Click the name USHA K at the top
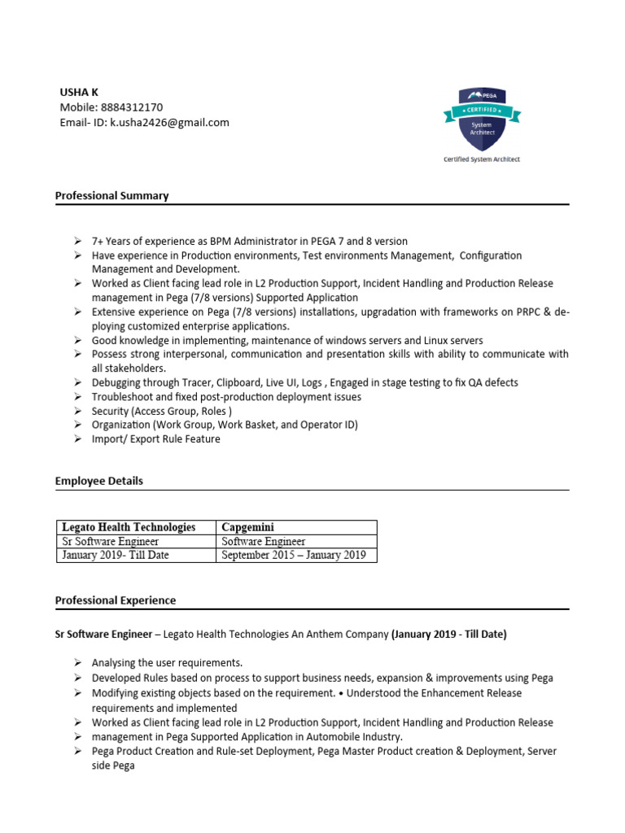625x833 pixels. (x=79, y=92)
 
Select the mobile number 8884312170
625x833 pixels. (x=131, y=107)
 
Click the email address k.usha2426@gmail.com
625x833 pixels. (x=169, y=123)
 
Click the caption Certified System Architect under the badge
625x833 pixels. (x=481, y=159)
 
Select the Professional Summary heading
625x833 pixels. (x=111, y=196)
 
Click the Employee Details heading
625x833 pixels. (x=98, y=482)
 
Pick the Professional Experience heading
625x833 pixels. (x=115, y=601)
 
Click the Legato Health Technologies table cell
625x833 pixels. (x=129, y=527)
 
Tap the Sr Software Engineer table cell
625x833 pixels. (x=111, y=541)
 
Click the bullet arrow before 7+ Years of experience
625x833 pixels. (x=76, y=242)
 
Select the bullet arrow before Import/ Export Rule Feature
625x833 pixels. (x=76, y=439)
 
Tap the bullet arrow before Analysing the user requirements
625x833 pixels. (x=76, y=663)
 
